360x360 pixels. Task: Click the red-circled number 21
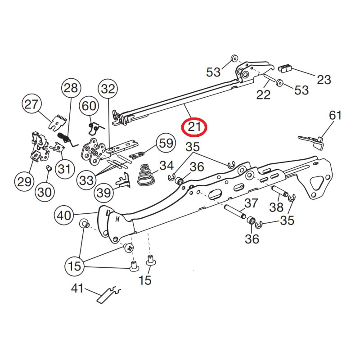coord(193,127)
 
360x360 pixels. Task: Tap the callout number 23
coord(324,80)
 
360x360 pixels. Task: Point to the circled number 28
coord(70,88)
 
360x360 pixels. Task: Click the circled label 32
coord(108,89)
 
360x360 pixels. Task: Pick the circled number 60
coord(89,106)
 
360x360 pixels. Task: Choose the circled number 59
coord(166,144)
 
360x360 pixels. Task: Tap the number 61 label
coord(335,115)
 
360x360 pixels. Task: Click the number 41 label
coord(77,288)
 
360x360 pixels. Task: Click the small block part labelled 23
coord(285,68)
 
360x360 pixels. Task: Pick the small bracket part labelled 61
coord(314,141)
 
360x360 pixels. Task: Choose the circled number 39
coord(104,193)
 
